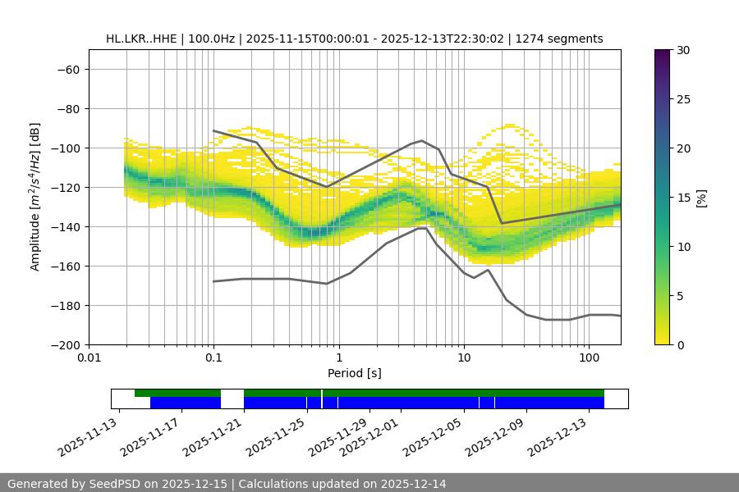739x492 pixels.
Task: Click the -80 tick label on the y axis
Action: [x=67, y=108]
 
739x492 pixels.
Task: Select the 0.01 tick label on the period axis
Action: [x=89, y=358]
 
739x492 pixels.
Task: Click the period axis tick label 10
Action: [x=463, y=358]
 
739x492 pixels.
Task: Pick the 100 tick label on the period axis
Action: [x=588, y=358]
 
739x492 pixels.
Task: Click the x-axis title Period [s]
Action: [x=355, y=373]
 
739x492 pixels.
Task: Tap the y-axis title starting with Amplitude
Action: [x=35, y=197]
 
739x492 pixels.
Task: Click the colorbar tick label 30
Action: [x=682, y=50]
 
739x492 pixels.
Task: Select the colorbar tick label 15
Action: [x=682, y=198]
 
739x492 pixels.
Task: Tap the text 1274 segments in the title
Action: [x=559, y=39]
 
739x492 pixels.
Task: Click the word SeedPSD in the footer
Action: [x=118, y=484]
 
